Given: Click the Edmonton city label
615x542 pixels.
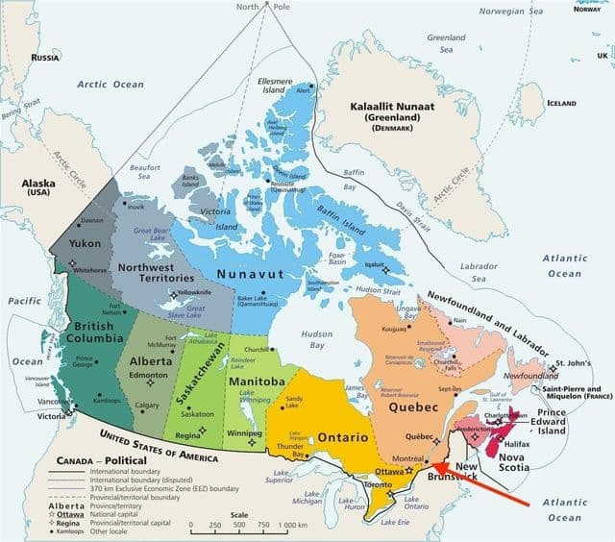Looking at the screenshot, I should pos(151,373).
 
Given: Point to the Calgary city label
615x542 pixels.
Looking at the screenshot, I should pos(147,406).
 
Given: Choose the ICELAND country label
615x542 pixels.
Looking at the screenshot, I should pos(561,103).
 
